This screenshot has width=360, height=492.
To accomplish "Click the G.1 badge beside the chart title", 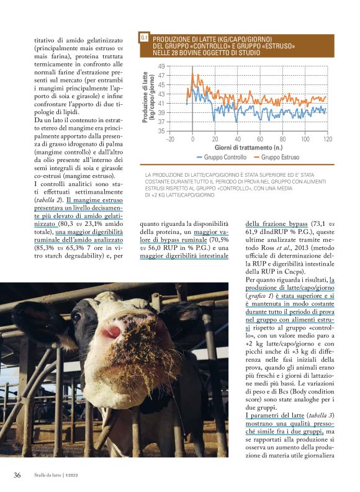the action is pos(144,38).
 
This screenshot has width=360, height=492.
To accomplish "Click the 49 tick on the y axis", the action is pos(160,66).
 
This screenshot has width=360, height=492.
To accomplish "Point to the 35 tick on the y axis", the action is pos(160,131).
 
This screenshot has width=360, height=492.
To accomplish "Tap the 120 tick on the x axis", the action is pos(327,140).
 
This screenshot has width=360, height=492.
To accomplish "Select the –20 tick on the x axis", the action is pos(169,140).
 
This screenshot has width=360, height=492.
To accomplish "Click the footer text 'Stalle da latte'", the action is pos(50,476).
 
